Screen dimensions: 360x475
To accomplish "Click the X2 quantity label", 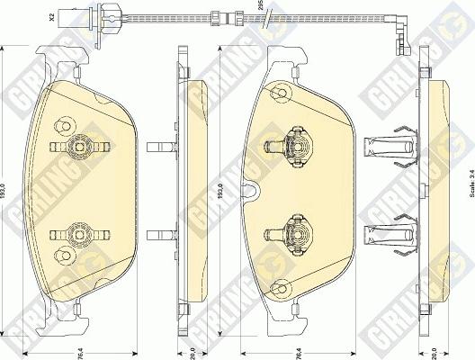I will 53,15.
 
